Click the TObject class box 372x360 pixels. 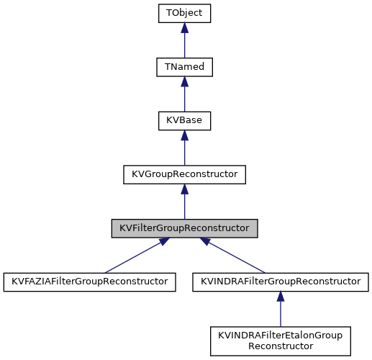tap(184, 13)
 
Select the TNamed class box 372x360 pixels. tap(184, 67)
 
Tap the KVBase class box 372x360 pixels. tap(184, 120)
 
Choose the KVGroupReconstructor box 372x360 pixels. tap(184, 174)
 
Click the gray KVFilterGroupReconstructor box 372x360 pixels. tap(184, 228)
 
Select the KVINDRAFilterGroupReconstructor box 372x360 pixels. tap(280, 282)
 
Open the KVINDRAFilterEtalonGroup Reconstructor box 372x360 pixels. tap(280, 341)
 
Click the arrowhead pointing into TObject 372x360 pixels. tap(184, 28)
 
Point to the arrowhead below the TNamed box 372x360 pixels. tap(184, 82)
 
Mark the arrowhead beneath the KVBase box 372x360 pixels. tap(184, 135)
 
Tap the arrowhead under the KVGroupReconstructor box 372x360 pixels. tap(184, 189)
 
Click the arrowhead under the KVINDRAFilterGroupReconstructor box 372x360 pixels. tap(280, 297)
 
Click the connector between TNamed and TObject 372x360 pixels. tap(184, 45)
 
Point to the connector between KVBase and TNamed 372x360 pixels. tap(184, 99)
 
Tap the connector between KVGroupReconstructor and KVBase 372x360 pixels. tap(184, 153)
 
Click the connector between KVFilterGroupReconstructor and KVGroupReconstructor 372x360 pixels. tap(184, 206)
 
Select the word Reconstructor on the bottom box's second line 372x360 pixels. tap(280, 346)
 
